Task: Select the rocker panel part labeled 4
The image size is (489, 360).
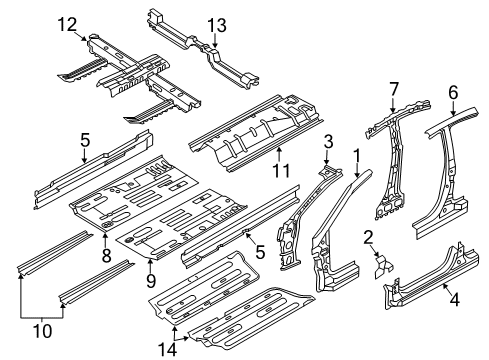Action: point(420,296)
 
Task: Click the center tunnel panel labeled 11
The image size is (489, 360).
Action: point(250,130)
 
